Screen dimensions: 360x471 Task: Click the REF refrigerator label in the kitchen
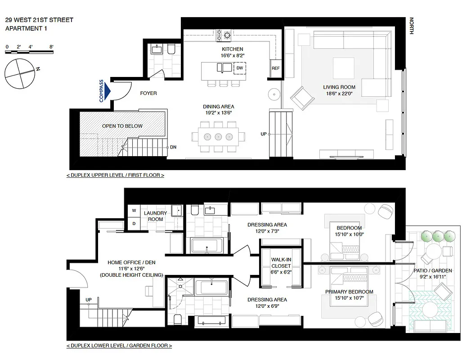tap(275, 68)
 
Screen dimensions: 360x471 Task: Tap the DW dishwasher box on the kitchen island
tap(239, 68)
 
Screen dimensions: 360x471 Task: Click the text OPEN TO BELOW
tap(122, 126)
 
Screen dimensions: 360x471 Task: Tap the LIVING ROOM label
tap(339, 87)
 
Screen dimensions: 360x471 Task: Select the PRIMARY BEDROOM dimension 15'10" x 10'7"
tap(349, 298)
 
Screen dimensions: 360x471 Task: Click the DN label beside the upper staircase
tap(173, 147)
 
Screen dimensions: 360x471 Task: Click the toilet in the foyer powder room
tap(171, 49)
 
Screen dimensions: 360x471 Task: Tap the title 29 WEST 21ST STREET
tap(39, 20)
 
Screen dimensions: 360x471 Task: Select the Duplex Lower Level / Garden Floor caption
tap(119, 346)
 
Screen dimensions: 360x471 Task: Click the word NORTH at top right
tap(411, 26)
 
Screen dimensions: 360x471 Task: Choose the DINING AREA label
tap(218, 107)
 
